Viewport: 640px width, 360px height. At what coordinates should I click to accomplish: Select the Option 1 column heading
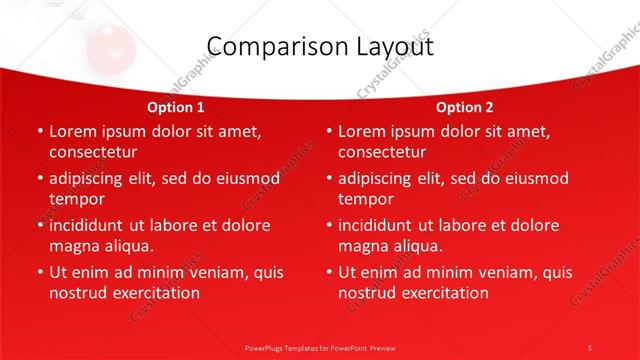click(x=176, y=107)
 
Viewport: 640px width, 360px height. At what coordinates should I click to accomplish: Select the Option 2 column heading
click(x=465, y=107)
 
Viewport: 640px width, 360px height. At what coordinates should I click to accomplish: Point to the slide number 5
click(x=590, y=347)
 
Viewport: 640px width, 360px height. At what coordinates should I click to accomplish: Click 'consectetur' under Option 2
click(x=382, y=152)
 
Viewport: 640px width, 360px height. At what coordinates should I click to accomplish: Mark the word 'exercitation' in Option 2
click(x=441, y=293)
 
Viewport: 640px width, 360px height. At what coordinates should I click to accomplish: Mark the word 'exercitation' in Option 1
click(x=151, y=293)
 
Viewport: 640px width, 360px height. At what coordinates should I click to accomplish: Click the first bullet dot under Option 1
click(x=39, y=131)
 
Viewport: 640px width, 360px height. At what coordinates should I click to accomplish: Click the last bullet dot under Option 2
click(x=329, y=272)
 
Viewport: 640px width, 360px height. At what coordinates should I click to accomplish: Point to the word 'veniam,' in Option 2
click(x=478, y=272)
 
